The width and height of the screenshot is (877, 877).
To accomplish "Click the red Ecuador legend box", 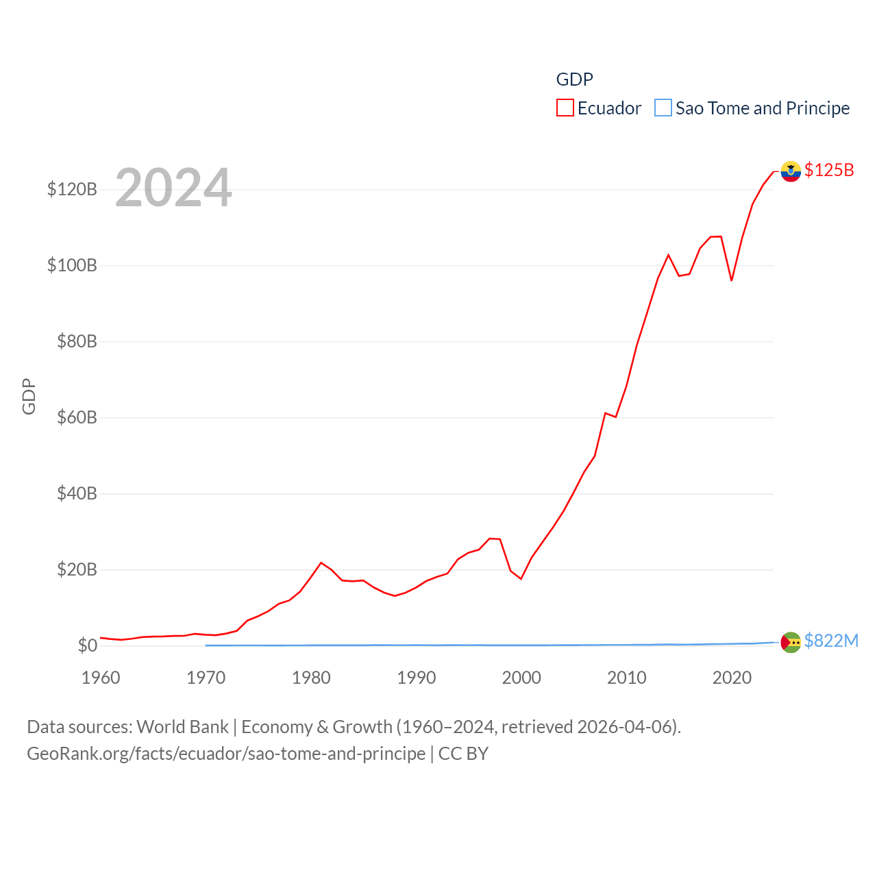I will (x=565, y=108).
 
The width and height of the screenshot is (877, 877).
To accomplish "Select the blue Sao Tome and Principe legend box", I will (x=663, y=108).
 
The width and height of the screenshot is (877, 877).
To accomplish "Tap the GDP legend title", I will (x=574, y=79).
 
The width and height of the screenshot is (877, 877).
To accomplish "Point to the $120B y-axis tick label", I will (x=72, y=189).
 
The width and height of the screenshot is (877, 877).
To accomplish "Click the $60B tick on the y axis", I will (x=77, y=417).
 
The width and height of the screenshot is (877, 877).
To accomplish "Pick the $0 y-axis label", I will (x=87, y=645).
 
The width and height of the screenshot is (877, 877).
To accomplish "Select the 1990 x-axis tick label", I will (x=416, y=678).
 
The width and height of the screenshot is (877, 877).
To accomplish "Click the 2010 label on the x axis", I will (x=626, y=678).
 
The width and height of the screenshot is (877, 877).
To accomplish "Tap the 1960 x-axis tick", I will (x=101, y=678).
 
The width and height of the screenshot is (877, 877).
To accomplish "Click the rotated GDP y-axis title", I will (x=29, y=396).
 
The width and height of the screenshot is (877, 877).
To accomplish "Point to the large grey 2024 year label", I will (x=173, y=188).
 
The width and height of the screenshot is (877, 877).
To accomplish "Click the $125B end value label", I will (x=829, y=170).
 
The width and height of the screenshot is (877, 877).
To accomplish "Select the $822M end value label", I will (x=831, y=641).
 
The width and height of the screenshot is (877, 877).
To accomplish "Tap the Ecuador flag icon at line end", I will (x=791, y=171).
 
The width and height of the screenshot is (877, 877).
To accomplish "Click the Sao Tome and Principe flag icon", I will (x=791, y=642).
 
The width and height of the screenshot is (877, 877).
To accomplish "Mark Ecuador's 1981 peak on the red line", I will (x=321, y=563).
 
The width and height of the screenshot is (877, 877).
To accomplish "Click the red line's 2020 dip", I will (x=732, y=280).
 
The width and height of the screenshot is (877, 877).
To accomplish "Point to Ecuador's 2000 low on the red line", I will (x=521, y=579).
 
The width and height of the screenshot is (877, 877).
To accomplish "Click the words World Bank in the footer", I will (x=183, y=726).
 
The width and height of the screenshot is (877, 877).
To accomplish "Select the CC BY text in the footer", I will (x=463, y=754).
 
